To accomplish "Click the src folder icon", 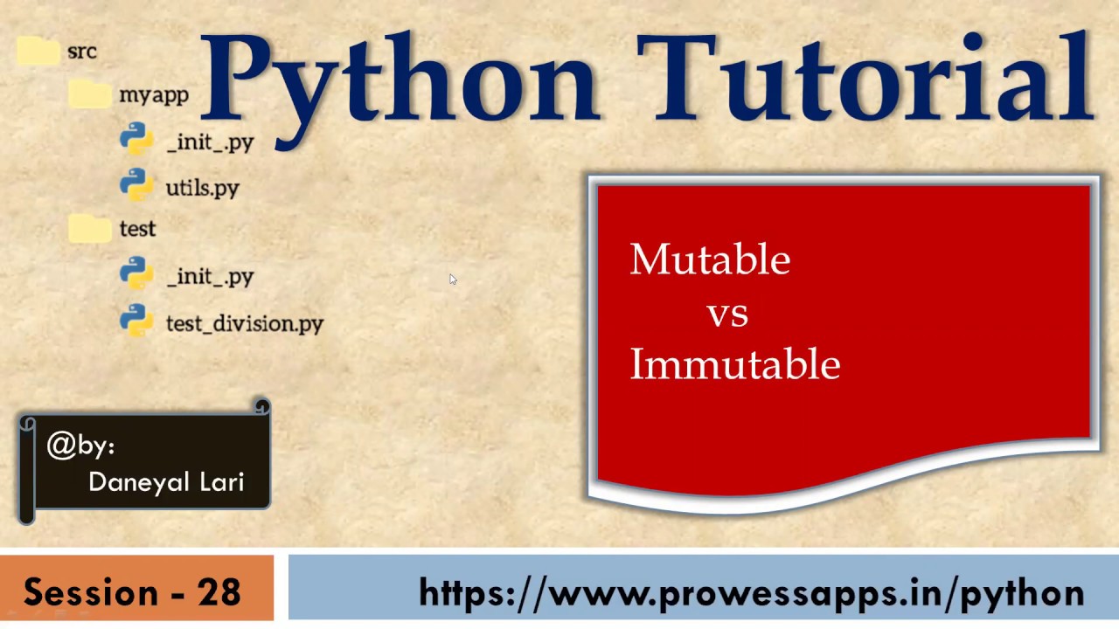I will (x=37, y=51).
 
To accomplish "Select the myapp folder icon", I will (x=89, y=93).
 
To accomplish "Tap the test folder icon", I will (x=89, y=228).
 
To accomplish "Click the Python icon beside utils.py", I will (x=136, y=184).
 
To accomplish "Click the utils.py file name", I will (x=202, y=188).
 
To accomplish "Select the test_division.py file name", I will (x=245, y=324).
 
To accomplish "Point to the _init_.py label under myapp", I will (x=210, y=142).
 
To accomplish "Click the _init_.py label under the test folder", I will (x=210, y=277).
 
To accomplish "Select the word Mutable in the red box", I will (x=710, y=259).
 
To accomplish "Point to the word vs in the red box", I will (x=727, y=314).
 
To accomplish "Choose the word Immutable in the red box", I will (x=734, y=364).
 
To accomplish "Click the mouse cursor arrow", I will (x=453, y=280).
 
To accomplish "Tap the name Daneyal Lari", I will (x=166, y=481).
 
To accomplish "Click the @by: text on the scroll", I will (x=80, y=446).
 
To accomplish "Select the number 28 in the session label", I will (x=219, y=592).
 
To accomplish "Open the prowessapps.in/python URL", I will (x=752, y=592).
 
